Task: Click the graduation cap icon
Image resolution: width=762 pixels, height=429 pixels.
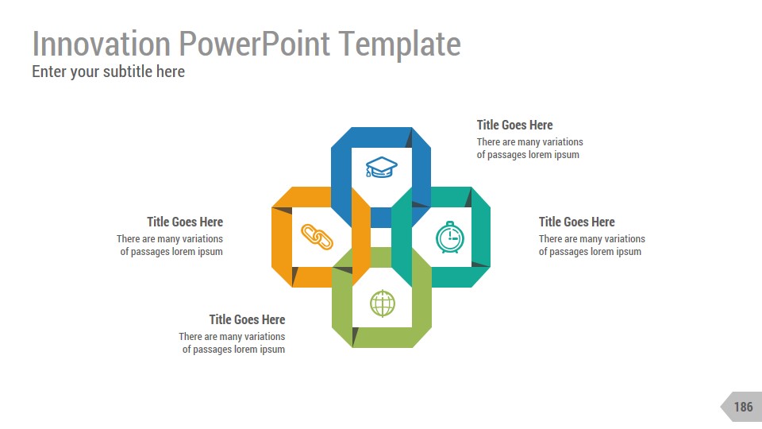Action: click(381, 167)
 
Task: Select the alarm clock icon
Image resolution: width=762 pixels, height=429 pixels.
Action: click(449, 238)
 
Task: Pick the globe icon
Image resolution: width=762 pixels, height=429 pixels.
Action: click(382, 303)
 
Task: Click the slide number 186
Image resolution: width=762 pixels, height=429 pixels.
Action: click(743, 407)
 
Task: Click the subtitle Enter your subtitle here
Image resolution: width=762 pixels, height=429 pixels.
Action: click(108, 71)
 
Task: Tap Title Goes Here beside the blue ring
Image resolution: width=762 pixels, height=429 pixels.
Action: click(514, 125)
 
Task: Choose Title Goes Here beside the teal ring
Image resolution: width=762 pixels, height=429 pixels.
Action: click(576, 222)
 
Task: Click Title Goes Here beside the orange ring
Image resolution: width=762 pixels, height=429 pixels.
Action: click(185, 222)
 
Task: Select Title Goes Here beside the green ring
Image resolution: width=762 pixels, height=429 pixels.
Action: click(247, 319)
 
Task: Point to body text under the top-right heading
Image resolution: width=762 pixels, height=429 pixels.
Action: click(529, 149)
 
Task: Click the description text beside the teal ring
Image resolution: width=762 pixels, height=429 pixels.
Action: click(591, 245)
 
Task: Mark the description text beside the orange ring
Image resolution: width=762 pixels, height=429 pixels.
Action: click(170, 245)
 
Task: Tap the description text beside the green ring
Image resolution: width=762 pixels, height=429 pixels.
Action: click(232, 343)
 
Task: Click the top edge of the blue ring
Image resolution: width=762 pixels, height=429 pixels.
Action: click(381, 136)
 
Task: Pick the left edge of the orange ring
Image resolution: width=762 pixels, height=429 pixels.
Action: click(281, 237)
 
